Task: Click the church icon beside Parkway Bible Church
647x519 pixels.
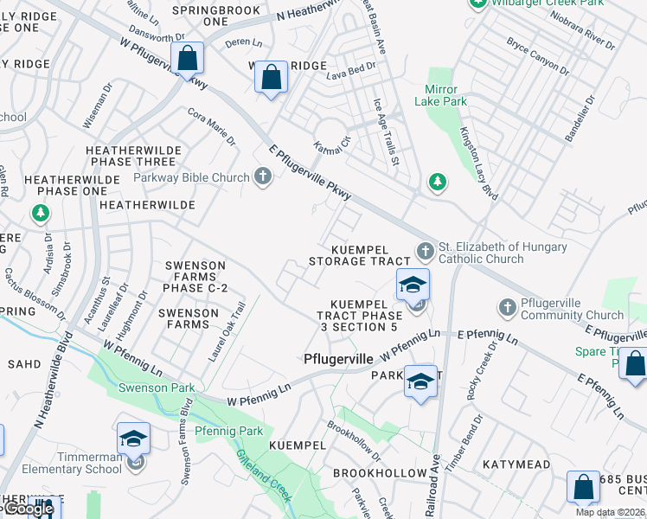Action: tap(263, 177)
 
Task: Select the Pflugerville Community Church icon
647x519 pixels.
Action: tap(508, 307)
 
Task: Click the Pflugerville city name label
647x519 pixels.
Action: tap(338, 358)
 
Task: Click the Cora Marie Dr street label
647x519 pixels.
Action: tap(211, 127)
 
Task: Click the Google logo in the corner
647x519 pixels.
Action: tap(28, 509)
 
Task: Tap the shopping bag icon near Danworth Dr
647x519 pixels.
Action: tap(187, 58)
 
